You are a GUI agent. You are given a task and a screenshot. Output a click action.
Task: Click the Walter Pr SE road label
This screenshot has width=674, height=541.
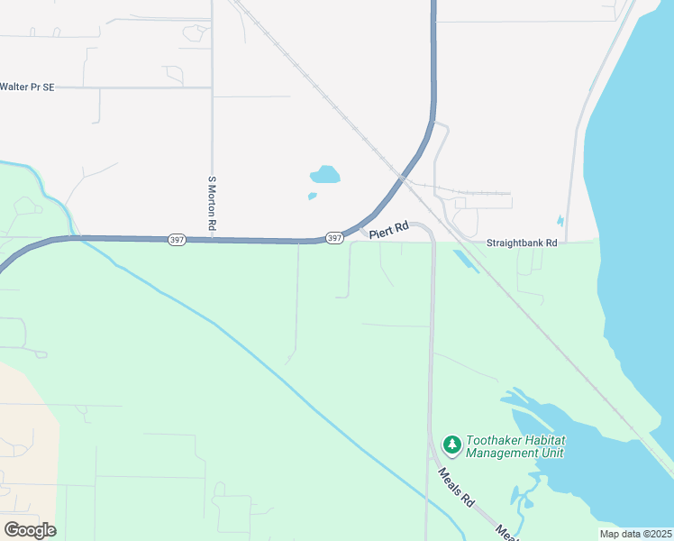(x=27, y=87)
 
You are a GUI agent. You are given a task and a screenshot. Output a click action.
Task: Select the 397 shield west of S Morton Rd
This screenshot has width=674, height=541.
(x=177, y=240)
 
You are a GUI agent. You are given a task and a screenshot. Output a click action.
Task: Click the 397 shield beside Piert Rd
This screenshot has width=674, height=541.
(x=334, y=238)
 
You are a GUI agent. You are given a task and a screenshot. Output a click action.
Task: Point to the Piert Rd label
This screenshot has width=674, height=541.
(x=389, y=231)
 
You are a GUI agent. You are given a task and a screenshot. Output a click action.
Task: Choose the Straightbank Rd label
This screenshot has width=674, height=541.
(x=522, y=243)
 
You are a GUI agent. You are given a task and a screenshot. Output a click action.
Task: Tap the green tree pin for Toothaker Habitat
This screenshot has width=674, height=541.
(x=451, y=444)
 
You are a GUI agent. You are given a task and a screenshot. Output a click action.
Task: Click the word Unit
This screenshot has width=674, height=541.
(x=551, y=454)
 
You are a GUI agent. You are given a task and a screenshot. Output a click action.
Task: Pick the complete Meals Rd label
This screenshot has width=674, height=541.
(x=456, y=486)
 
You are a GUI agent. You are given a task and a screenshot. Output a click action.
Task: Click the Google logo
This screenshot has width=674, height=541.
(x=30, y=529)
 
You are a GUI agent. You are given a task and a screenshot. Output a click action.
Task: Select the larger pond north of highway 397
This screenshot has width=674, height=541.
(x=325, y=174)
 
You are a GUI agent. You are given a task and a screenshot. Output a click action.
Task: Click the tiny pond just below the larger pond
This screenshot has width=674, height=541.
(x=312, y=196)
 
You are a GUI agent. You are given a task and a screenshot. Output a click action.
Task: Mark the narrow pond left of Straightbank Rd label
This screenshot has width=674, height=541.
(x=465, y=261)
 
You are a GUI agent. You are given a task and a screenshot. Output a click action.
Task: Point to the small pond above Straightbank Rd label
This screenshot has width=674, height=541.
(x=560, y=220)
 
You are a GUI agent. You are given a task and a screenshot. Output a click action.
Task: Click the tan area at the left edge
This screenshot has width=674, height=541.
(x=23, y=433)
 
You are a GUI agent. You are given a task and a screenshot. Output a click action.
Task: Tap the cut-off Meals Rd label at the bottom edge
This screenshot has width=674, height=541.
(x=507, y=534)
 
